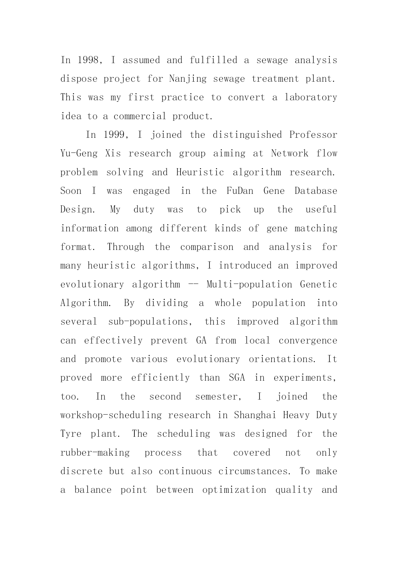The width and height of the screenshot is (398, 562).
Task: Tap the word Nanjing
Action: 188,79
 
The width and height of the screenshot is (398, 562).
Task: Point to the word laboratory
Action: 311,97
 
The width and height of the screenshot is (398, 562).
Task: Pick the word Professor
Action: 313,135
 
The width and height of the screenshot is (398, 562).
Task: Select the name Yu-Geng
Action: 79,153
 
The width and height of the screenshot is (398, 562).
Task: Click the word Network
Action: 290,153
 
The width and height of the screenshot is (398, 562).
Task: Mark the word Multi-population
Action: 249,285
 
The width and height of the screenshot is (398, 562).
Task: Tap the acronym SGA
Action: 237,378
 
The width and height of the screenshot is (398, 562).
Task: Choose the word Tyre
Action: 71,434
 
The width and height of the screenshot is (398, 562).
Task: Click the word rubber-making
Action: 95,453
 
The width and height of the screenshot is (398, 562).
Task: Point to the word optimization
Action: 234,490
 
